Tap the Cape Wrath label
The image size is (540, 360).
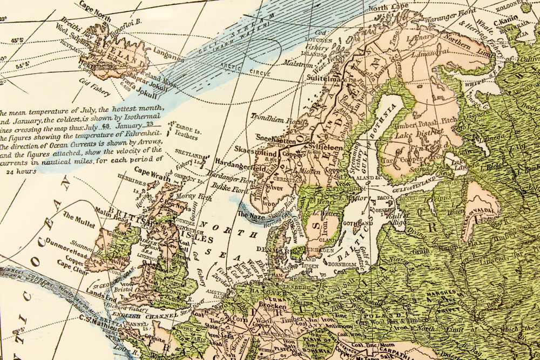(x=149, y=171)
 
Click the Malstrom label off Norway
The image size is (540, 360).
(x=294, y=63)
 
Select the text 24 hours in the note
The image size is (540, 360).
(x=22, y=172)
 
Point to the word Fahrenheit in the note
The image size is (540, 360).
(x=141, y=137)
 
